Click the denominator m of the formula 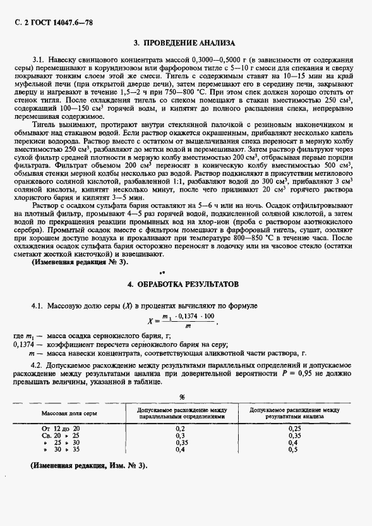[187, 327]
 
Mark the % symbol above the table [182, 397]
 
